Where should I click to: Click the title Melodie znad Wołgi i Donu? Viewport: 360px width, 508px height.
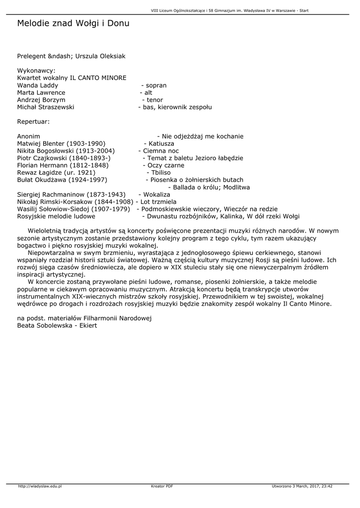tap(73, 23)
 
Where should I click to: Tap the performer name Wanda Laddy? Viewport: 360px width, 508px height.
tap(37, 85)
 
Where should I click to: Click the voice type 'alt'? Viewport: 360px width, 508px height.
tap(148, 93)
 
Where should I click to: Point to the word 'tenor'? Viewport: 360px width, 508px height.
tap(155, 100)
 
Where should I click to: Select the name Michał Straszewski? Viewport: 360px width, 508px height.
tap(46, 107)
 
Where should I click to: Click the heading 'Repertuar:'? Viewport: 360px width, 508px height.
tap(34, 122)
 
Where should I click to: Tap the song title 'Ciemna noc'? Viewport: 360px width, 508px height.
tap(161, 151)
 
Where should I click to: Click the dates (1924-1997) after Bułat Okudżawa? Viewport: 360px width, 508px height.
tap(88, 180)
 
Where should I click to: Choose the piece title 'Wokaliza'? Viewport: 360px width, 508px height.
tap(156, 194)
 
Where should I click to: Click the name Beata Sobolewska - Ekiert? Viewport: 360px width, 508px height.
tap(57, 325)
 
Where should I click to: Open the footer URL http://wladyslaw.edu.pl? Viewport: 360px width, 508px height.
tap(40, 486)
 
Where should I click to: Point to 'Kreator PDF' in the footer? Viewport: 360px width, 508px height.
tap(162, 486)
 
